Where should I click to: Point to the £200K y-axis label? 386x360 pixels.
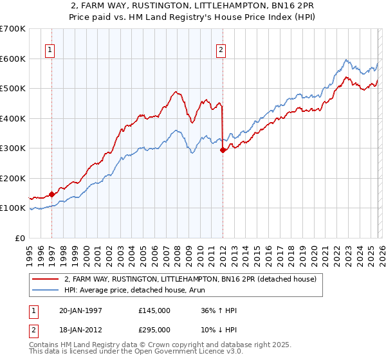point(13,178)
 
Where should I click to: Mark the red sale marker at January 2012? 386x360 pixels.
point(223,150)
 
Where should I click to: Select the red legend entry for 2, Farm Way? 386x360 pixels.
point(190,279)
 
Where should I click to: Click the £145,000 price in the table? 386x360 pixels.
point(154,310)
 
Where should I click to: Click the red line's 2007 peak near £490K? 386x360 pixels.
point(174,92)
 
